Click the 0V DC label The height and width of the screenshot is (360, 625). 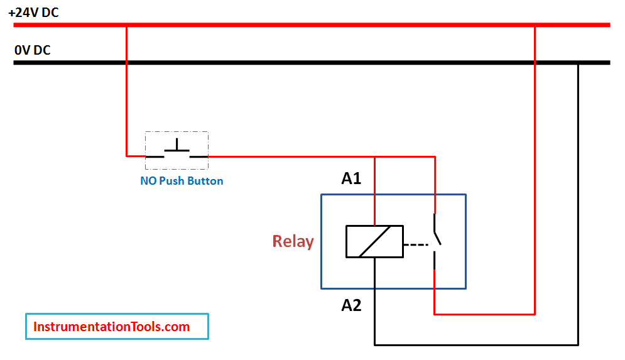pos(33,50)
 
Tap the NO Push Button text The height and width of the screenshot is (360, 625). pos(182,181)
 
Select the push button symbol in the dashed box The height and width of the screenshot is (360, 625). pos(177,150)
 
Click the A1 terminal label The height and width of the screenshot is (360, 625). pos(351,179)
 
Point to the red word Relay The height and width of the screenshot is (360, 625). pos(293,241)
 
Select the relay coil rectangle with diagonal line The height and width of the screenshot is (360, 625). pos(374,241)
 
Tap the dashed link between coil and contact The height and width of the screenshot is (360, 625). pos(414,243)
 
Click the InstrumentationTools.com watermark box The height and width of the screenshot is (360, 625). pos(117,327)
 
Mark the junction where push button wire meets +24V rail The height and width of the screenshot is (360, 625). pos(126,25)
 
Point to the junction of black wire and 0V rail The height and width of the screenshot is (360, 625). pos(578,63)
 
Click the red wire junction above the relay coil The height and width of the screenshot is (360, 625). pos(374,156)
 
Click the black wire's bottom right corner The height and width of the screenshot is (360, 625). pos(578,344)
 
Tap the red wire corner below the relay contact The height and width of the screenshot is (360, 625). pos(435,313)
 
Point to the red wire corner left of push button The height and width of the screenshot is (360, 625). pos(126,156)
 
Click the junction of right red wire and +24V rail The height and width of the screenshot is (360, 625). pos(535,25)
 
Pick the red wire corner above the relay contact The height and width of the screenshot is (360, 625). pos(435,156)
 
